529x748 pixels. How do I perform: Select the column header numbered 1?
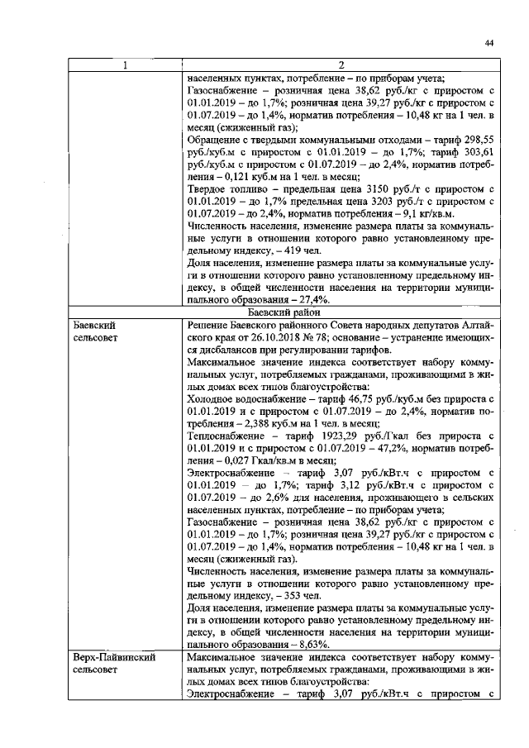pyautogui.click(x=125, y=65)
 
